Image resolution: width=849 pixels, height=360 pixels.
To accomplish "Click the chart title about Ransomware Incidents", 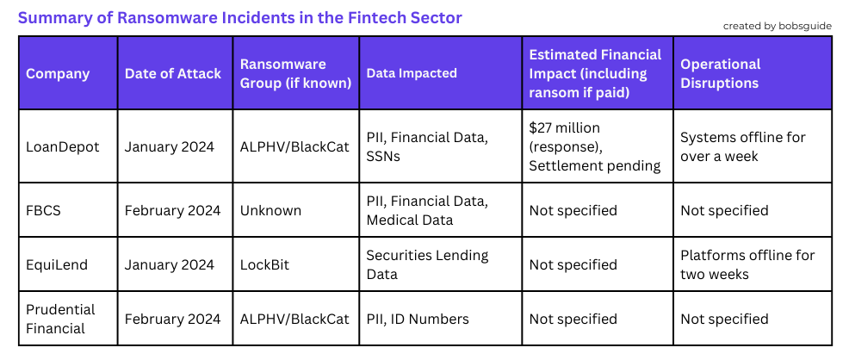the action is click(x=240, y=18).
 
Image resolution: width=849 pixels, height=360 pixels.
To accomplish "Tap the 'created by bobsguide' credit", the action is click(x=777, y=26).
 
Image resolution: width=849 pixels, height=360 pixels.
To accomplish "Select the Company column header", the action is click(x=58, y=73).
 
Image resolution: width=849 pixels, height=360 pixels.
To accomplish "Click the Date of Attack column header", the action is click(x=173, y=73).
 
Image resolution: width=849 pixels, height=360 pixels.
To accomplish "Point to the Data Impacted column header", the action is click(x=412, y=73).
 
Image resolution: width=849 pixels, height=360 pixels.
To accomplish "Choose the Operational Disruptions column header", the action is click(x=720, y=73).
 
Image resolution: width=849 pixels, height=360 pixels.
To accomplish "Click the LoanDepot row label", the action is click(x=63, y=146).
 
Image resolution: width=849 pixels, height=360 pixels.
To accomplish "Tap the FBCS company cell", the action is click(x=43, y=210).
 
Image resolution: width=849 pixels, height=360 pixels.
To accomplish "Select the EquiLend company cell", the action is click(x=57, y=264).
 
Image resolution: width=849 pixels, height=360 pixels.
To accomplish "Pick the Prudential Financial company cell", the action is click(x=60, y=319).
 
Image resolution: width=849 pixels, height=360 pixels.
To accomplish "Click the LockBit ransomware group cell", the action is click(x=264, y=264).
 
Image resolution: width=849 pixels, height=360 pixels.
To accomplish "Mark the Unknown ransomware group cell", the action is click(x=270, y=210).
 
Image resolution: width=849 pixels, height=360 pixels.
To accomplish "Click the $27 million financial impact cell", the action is click(x=595, y=146).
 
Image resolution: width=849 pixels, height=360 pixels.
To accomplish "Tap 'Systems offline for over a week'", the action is click(x=743, y=146).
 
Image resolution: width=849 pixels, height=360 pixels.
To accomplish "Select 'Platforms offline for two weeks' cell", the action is click(x=747, y=264).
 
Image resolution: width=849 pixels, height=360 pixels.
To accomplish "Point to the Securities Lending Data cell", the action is click(x=427, y=264).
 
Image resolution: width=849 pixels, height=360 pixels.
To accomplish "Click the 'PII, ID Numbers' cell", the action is click(x=418, y=319).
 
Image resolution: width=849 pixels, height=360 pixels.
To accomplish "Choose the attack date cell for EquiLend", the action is click(x=170, y=264).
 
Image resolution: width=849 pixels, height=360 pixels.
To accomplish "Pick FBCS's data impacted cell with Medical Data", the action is click(x=427, y=210).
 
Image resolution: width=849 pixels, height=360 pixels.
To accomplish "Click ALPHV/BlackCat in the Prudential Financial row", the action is click(x=295, y=319).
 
